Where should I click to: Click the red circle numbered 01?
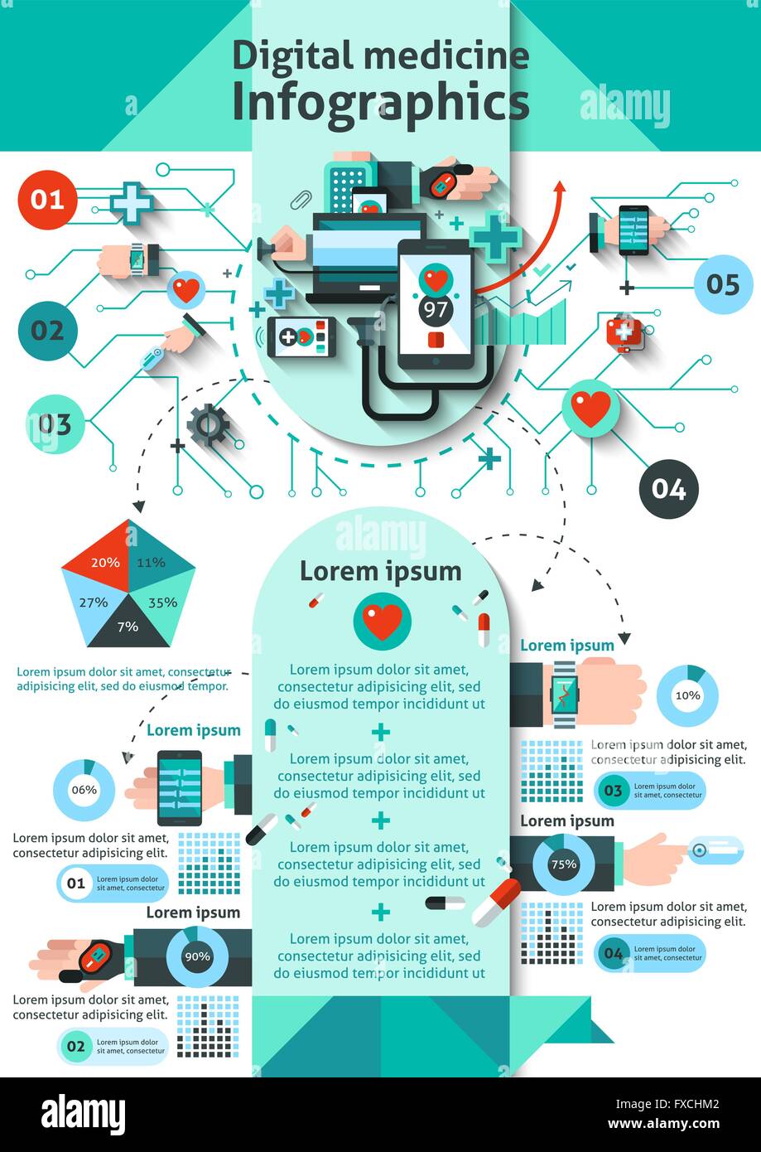pos(47,200)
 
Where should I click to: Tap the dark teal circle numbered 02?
pos(47,331)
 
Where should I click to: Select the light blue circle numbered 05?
pos(722,284)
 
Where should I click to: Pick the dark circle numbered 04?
pos(668,489)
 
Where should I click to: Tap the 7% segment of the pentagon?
pos(128,627)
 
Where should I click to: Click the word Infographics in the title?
pos(380,104)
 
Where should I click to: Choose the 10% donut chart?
pos(687,695)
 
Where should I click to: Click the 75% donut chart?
pos(563,864)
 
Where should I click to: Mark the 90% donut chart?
pos(197,956)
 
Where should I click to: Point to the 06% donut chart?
pos(84,790)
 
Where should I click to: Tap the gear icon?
pos(207,424)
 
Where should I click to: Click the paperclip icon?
pos(300,200)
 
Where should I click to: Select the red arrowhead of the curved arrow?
pos(561,187)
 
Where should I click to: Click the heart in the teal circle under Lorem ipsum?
pos(382,622)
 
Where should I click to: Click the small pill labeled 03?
pos(650,791)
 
